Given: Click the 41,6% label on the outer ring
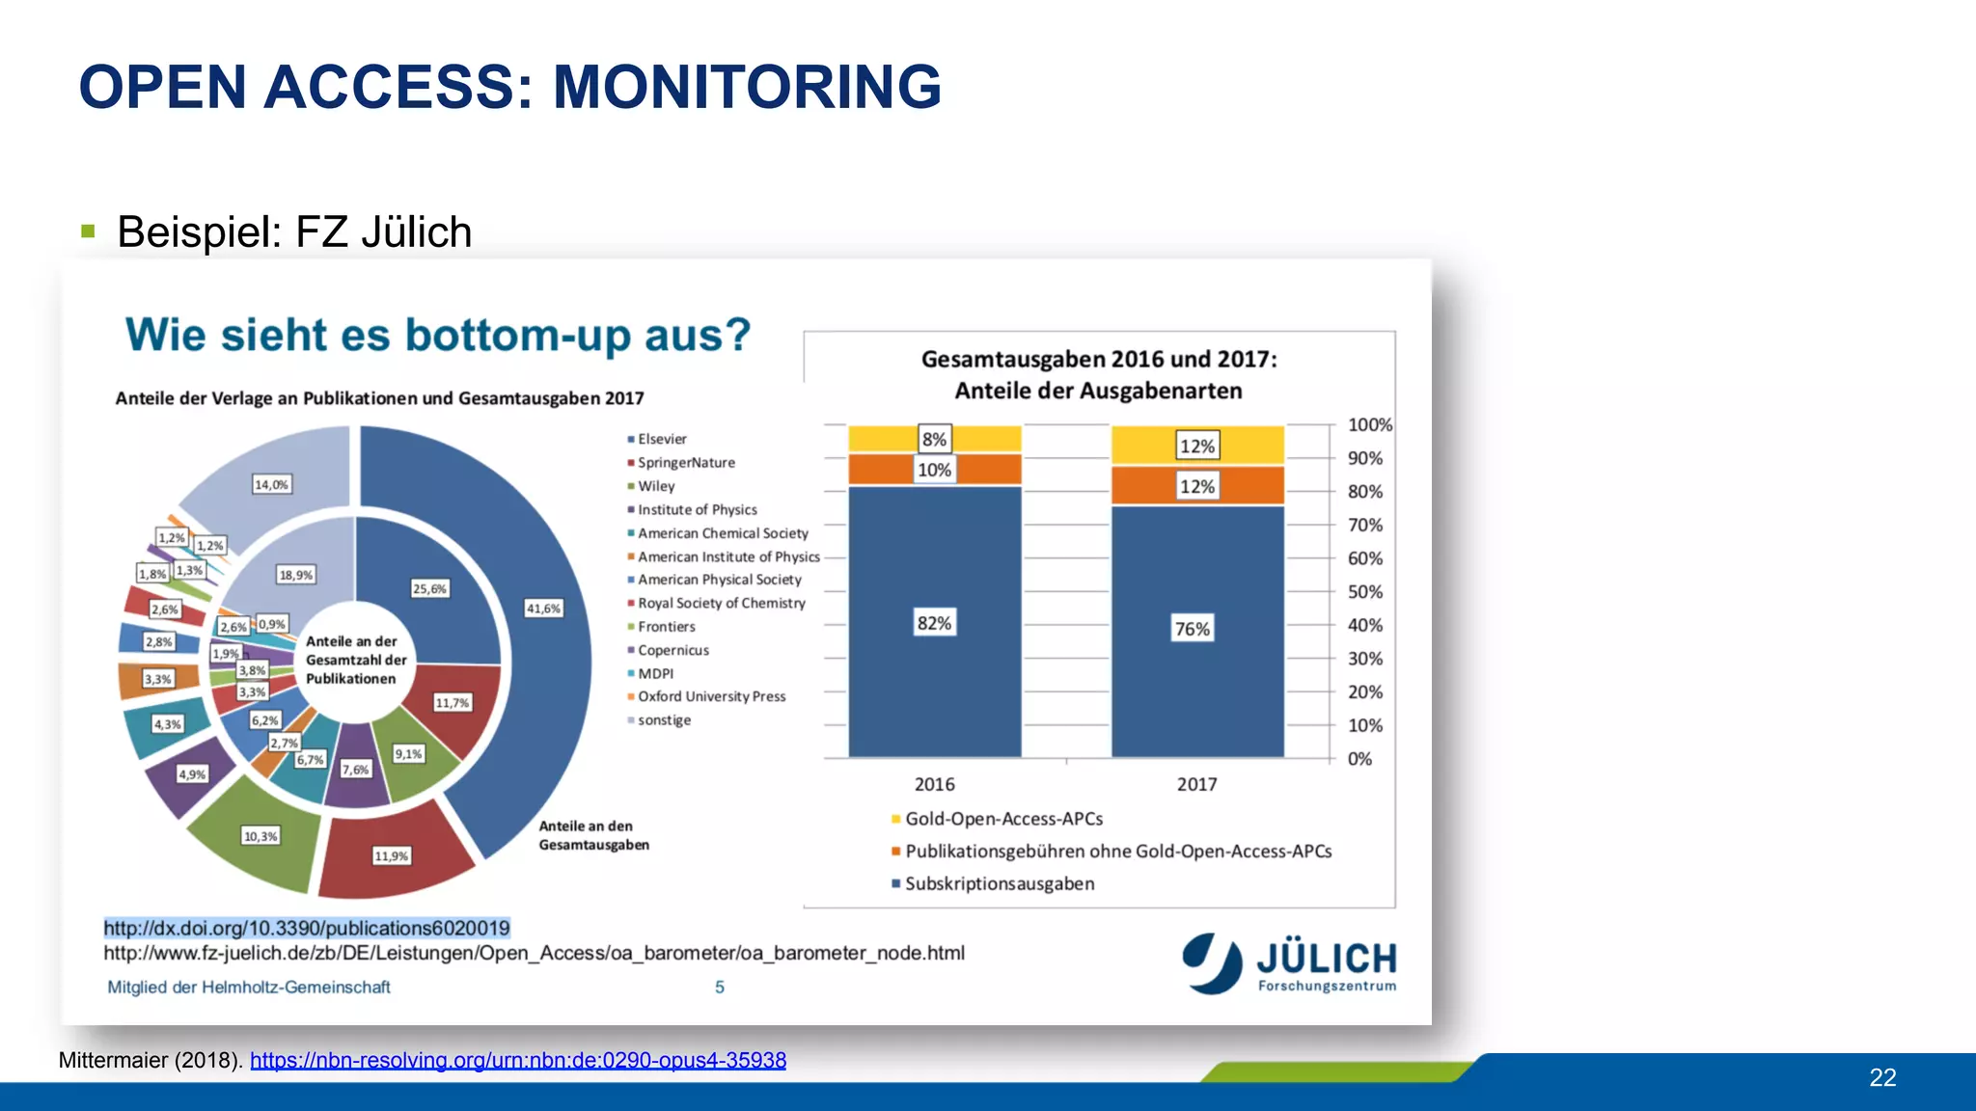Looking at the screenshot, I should [543, 609].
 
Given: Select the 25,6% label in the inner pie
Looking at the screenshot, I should [429, 588].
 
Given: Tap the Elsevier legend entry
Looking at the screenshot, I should [661, 439].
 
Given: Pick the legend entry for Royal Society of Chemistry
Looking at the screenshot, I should [720, 603].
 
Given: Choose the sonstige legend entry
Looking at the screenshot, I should [663, 720].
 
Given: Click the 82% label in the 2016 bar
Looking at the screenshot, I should [934, 623].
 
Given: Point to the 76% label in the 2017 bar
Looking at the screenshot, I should [1193, 629].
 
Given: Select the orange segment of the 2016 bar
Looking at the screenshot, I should [984, 470].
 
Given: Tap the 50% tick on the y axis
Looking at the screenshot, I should [1364, 591].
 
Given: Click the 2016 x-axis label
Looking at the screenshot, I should [934, 784].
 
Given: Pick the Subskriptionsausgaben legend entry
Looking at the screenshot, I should [999, 883].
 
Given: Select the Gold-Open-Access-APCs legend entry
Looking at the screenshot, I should [1002, 819].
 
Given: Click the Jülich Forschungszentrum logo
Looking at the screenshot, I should [1290, 962].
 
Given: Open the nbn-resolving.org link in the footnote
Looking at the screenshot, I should [518, 1060].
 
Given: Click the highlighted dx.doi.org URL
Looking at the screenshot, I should [307, 928].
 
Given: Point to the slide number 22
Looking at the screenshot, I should [1882, 1077].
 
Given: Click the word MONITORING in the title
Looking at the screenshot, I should [747, 87].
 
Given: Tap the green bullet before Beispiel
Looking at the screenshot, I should [89, 231].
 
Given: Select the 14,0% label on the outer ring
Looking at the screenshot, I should [271, 484].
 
